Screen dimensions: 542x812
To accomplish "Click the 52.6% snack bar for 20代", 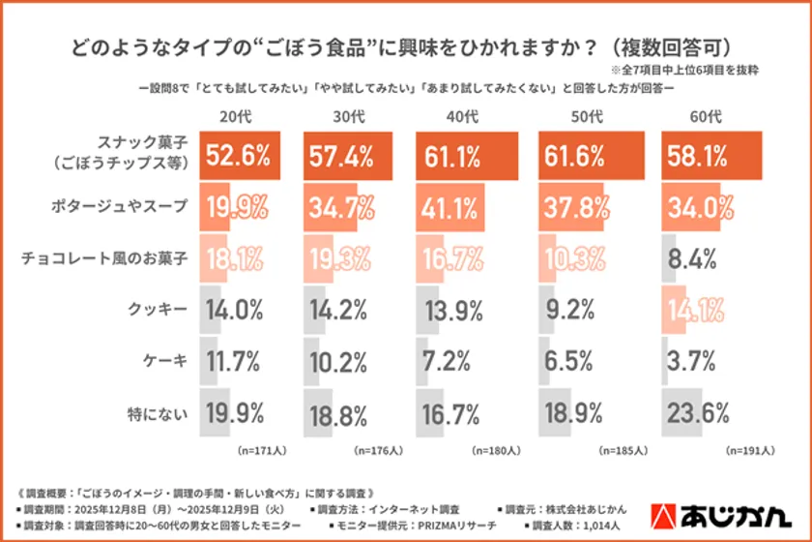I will pos(240,156).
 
